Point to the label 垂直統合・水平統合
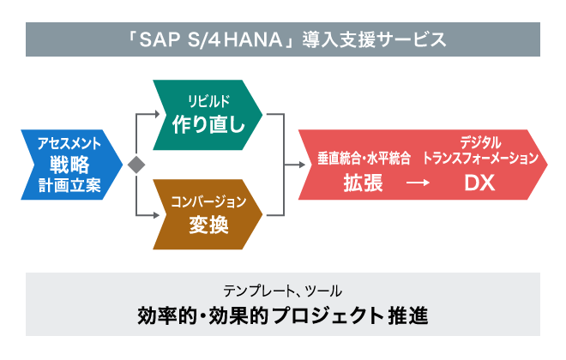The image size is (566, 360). click(363, 159)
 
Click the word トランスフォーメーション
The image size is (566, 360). click(485, 159)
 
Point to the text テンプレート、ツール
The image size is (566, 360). click(282, 290)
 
